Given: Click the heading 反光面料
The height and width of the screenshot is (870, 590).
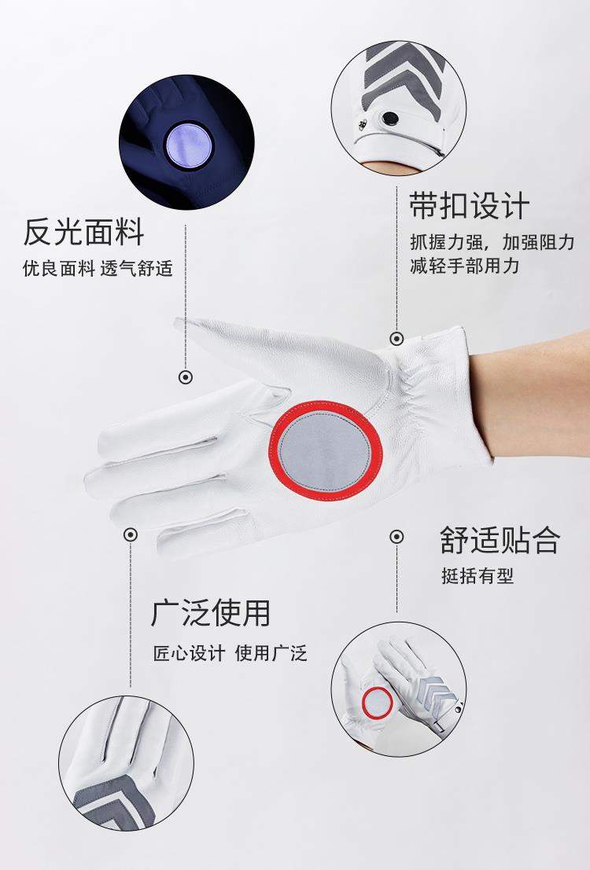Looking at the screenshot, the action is (x=83, y=232).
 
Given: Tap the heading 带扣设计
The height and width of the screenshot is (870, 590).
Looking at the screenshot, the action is (x=470, y=206).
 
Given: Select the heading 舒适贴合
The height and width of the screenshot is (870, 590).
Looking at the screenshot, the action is (x=500, y=540).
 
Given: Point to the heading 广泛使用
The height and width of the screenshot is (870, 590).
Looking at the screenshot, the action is (x=211, y=612).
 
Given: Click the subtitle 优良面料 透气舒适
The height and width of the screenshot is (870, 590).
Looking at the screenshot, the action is (x=98, y=269).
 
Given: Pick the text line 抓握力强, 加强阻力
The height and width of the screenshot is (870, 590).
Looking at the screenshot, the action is (x=492, y=242).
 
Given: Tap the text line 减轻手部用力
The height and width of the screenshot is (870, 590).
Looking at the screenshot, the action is (x=465, y=265).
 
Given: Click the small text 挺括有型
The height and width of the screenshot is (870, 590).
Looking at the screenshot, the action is (x=478, y=575).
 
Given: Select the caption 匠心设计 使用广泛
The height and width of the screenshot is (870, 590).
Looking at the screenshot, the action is (x=230, y=652).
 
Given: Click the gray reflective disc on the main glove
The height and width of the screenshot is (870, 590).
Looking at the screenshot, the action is (x=325, y=451).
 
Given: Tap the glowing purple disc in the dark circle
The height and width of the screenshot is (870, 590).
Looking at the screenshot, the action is (x=189, y=145).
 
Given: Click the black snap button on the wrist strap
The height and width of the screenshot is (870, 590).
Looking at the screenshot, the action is (x=390, y=118).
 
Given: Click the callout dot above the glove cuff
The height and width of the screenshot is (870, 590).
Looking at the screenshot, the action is (x=396, y=338).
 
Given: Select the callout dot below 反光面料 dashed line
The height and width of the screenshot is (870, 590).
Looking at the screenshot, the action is (x=186, y=377).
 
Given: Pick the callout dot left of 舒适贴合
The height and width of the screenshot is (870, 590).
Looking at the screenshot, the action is (x=396, y=537).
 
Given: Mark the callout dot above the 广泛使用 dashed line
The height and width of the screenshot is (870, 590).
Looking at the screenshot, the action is (x=131, y=534).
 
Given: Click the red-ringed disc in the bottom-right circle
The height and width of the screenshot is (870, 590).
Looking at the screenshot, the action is (x=378, y=702).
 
